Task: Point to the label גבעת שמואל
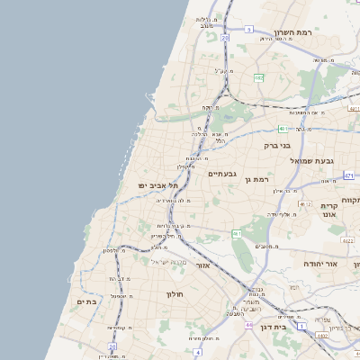pos(312,159)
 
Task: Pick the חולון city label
pos(174,293)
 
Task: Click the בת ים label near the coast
pos(86,301)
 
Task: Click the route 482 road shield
pos(258,78)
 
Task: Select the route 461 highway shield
pos(236,234)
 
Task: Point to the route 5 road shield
pos(248,30)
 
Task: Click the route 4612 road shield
pos(305,204)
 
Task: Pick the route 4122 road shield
pos(348,240)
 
